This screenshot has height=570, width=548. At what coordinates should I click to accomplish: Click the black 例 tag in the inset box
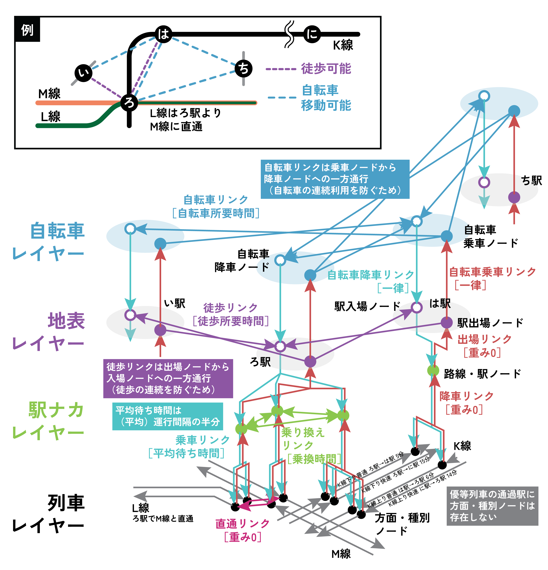point(27,30)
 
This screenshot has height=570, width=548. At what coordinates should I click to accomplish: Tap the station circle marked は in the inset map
point(163,34)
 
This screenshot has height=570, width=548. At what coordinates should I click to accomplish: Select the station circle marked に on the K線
point(312,34)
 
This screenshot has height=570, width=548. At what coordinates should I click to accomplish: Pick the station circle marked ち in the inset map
point(243,69)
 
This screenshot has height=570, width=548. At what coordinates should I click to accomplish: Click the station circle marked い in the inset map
point(83,73)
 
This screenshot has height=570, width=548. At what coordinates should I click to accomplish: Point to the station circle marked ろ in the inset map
point(129,102)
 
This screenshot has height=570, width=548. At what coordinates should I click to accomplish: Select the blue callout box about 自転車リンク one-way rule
point(335,179)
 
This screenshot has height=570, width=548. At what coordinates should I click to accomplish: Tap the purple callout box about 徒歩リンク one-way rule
point(168,378)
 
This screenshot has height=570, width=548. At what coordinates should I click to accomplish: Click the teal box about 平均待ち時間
point(168,416)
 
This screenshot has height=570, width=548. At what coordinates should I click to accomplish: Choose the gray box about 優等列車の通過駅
point(492,506)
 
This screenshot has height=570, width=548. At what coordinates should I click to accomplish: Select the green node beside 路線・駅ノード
point(433,370)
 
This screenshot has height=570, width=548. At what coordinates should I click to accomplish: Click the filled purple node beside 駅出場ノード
point(446,322)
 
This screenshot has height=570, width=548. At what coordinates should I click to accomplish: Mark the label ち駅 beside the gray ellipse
point(531,181)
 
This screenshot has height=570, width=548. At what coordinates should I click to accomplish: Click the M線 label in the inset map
point(49,94)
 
